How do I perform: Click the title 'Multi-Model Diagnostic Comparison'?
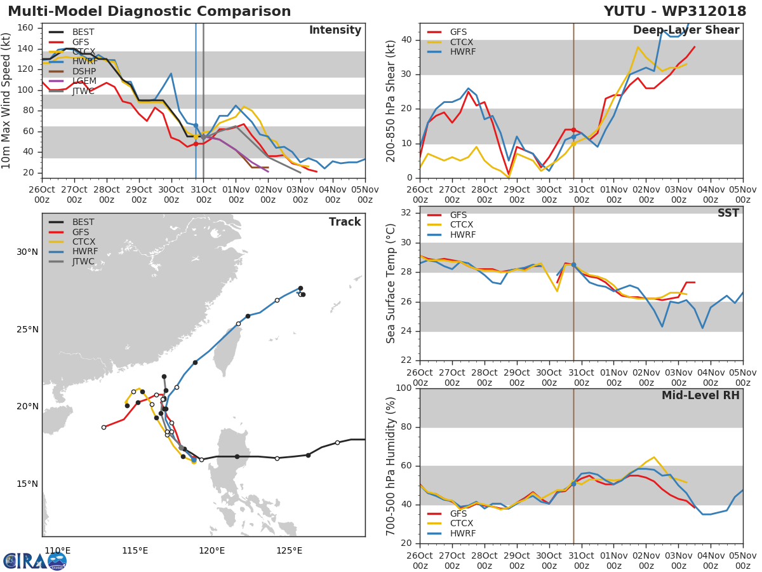click(x=149, y=11)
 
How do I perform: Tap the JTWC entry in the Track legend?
click(x=83, y=262)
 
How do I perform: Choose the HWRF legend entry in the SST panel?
click(x=462, y=235)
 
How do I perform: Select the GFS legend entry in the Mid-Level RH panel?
click(x=458, y=514)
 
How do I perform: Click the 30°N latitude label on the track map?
click(x=27, y=252)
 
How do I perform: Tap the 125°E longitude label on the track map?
click(x=289, y=550)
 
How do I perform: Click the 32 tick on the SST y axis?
click(x=407, y=213)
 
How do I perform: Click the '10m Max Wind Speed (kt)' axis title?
click(x=7, y=100)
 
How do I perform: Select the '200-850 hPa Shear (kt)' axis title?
click(x=391, y=100)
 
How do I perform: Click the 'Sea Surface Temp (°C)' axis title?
click(x=391, y=283)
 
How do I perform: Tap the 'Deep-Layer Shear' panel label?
click(x=686, y=31)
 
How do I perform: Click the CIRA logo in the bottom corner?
click(x=35, y=561)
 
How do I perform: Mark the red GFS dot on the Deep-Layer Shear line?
click(x=573, y=130)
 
